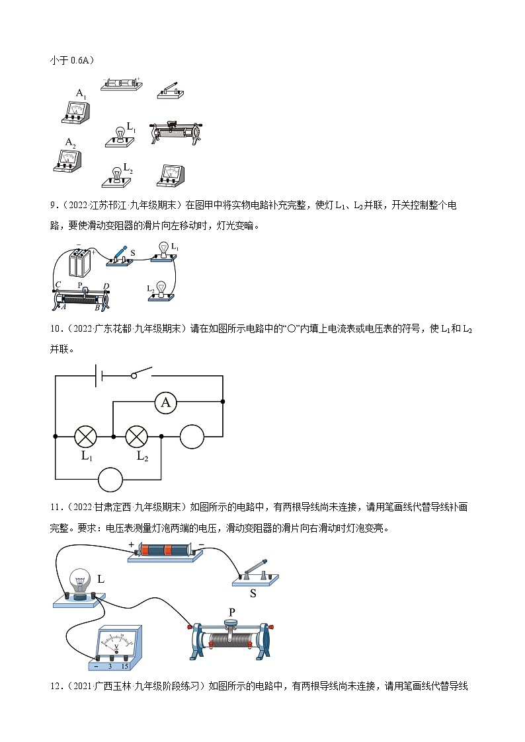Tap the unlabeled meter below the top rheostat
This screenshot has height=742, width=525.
pos(171,175)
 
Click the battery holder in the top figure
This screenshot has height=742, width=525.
pos(120,84)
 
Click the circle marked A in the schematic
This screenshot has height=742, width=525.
pos(166,402)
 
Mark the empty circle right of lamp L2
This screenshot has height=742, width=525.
pos(192,437)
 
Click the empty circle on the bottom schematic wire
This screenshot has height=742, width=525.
pos(110,479)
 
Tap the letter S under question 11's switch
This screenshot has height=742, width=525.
pos(253,593)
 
